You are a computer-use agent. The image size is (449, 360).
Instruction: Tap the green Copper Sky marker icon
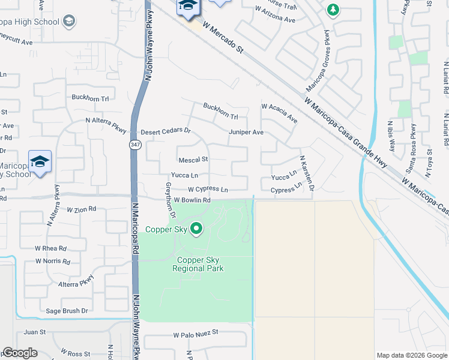[x=196, y=228]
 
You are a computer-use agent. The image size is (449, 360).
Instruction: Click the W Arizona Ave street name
[x=275, y=19]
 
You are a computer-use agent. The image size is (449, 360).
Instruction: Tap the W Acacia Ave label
[x=279, y=112]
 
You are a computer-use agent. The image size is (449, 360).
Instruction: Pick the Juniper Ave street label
[x=246, y=132]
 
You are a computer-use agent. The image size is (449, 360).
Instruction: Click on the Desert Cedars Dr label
[x=165, y=131]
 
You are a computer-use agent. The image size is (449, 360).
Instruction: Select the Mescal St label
[x=193, y=160]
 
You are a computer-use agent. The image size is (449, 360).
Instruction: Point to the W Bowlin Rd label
[x=192, y=200]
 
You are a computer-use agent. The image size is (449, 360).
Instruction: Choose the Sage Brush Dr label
[x=67, y=311]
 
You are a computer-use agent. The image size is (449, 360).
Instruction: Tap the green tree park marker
[x=333, y=10]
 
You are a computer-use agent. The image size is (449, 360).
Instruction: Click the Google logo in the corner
[x=20, y=353]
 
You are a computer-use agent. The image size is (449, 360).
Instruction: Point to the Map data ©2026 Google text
[x=411, y=355]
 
